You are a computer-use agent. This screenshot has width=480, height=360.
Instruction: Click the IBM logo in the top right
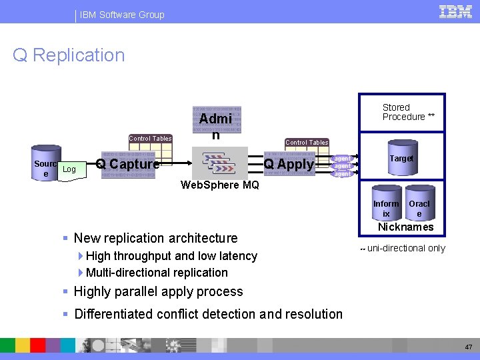(455, 11)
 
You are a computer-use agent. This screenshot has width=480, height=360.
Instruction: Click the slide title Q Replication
(69, 55)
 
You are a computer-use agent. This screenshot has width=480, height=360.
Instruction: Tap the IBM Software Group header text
(122, 15)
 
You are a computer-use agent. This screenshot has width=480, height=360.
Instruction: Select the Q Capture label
(127, 164)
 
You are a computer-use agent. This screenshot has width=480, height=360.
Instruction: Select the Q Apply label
(289, 164)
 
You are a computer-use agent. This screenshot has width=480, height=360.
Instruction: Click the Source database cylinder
(46, 163)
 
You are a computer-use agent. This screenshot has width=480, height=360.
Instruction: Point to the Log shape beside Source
(69, 170)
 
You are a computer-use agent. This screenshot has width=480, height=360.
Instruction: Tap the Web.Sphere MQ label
(220, 185)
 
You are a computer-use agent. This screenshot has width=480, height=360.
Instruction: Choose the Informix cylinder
(386, 205)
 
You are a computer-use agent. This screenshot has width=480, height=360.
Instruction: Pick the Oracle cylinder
(419, 205)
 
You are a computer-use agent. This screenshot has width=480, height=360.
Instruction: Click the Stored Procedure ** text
(408, 112)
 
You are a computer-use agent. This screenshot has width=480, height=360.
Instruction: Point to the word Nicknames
(405, 227)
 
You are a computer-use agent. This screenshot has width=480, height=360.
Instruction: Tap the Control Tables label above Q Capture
(150, 139)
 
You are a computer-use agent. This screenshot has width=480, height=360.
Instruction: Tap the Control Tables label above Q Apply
(307, 143)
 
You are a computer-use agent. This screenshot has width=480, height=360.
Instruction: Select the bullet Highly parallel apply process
(159, 291)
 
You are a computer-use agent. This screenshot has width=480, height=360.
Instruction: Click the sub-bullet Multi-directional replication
(157, 272)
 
